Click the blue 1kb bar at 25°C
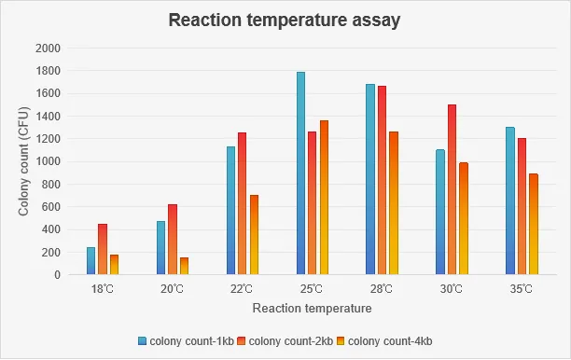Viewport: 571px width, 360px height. (x=300, y=173)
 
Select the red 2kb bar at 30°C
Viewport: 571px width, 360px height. (x=452, y=189)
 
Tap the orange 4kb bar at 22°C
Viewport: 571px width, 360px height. (x=254, y=234)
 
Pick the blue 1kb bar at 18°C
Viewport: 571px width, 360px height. (x=91, y=260)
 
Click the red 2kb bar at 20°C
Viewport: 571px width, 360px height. (x=173, y=239)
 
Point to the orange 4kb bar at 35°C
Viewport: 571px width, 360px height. (x=534, y=224)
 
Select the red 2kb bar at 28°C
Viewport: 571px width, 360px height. (x=382, y=180)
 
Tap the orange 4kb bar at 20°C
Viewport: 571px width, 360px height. (x=184, y=266)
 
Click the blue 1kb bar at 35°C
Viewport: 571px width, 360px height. (x=510, y=201)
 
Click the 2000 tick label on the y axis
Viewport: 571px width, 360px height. (x=48, y=48)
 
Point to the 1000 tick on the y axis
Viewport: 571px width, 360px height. (x=48, y=161)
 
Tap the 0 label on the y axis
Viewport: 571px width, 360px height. (x=57, y=275)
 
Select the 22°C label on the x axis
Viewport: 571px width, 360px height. (x=242, y=289)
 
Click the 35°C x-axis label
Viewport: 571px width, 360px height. (x=522, y=289)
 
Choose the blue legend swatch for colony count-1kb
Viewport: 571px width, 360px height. (x=143, y=341)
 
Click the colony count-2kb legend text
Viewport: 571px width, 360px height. (x=290, y=341)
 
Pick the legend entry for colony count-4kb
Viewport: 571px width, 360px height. (x=384, y=341)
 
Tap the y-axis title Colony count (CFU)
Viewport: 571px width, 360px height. (x=23, y=161)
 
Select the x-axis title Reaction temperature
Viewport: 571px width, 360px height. (x=312, y=309)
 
